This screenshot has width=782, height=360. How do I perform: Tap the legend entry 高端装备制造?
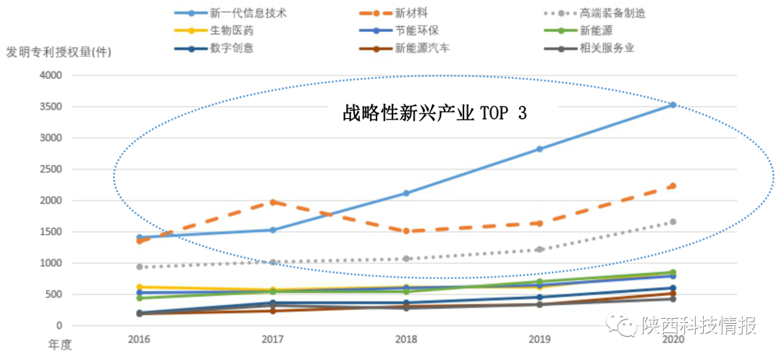[x=612, y=13]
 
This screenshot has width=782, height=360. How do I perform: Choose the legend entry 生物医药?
[x=232, y=30]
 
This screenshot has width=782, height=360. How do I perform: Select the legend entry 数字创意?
[x=232, y=49]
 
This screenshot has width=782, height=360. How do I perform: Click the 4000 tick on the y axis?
[x=51, y=75]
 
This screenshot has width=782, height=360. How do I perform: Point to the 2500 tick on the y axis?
[x=51, y=169]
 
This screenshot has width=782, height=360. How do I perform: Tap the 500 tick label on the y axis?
[x=54, y=295]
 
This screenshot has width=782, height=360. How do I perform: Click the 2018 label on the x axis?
[x=406, y=339]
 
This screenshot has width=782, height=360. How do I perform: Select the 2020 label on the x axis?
[x=673, y=339]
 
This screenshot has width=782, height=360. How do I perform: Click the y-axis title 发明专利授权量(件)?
[x=59, y=52]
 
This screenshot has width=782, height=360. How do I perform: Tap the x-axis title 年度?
[x=60, y=344]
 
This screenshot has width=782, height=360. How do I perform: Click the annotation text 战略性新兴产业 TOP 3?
[x=434, y=113]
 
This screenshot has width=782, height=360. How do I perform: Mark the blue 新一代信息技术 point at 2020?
[x=673, y=105]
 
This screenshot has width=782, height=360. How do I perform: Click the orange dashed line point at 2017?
[x=273, y=202]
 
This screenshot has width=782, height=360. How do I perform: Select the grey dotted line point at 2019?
[x=539, y=249]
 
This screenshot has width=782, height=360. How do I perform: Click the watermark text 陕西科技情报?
[x=699, y=326]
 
